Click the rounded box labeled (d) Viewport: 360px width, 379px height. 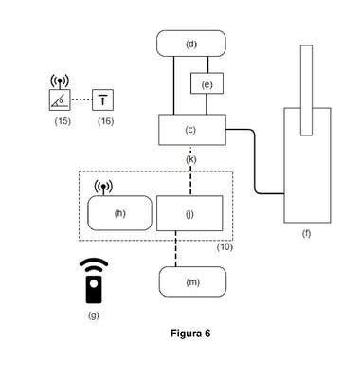coord(191,44)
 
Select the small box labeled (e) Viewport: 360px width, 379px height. coord(207,83)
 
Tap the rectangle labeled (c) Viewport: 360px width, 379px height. coord(192,130)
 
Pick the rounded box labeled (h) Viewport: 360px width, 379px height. coord(119,213)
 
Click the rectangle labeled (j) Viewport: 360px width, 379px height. coord(189,213)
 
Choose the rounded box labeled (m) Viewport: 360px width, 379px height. coord(192,281)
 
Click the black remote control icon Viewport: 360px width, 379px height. coord(94,280)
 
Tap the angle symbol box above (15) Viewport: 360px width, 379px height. coord(60,99)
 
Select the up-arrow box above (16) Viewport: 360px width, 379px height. coord(102,99)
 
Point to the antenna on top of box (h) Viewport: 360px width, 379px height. coord(103,188)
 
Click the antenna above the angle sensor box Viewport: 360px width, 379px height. coord(60,81)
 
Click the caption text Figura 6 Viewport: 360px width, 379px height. coord(190,334)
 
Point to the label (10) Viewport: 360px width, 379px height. coord(225,246)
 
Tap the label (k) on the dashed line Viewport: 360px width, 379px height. coord(191,159)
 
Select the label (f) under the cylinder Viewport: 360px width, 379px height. coord(306,233)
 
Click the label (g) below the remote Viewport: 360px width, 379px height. coord(94,315)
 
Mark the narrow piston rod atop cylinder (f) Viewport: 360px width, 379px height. coord(306,90)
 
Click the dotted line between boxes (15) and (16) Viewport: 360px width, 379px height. coord(81,99)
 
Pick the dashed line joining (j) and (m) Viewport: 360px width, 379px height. coord(176,249)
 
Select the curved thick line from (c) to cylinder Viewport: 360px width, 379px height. coord(255,161)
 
